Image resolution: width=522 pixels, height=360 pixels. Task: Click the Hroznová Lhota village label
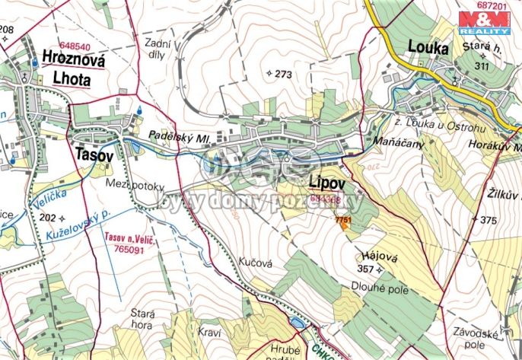(67, 69)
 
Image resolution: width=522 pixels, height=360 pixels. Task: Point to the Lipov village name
(328, 183)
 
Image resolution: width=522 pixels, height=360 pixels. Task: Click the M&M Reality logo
(484, 22)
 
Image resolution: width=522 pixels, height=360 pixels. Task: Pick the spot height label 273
(279, 74)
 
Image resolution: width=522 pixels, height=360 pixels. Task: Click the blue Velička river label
(49, 201)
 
